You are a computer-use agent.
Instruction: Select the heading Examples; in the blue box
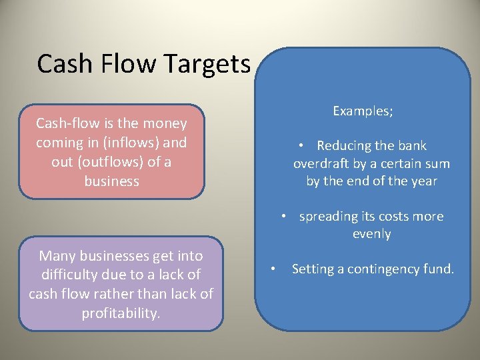(363, 111)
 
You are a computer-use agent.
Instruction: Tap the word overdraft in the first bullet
(325, 163)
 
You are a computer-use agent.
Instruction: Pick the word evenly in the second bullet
(371, 234)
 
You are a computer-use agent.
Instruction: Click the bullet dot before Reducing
(302, 146)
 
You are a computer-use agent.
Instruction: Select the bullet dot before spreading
(284, 217)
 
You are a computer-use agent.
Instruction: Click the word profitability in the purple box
(120, 313)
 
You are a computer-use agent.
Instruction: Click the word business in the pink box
(111, 181)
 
